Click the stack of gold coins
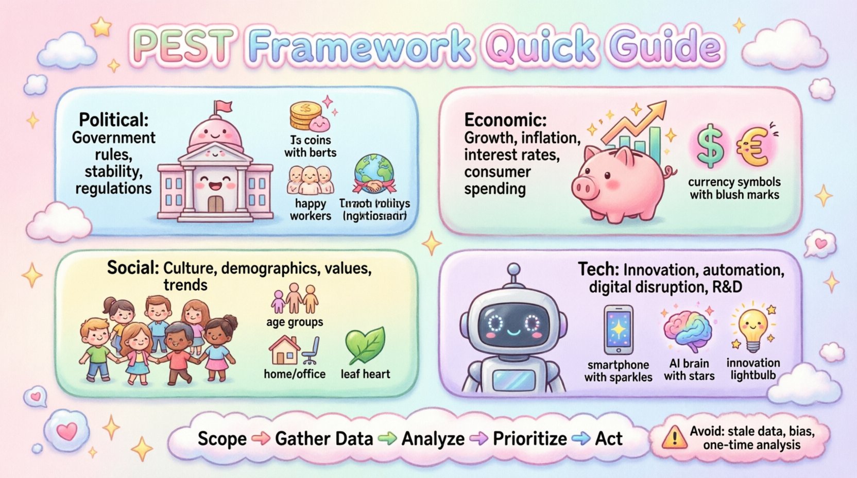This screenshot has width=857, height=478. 305,116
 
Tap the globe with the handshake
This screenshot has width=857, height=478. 374,176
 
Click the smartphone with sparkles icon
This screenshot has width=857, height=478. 618,330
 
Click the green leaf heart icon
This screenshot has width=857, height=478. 365,346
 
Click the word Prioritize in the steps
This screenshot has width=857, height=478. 529,439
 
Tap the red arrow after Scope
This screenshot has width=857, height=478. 261,439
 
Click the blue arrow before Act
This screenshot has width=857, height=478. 581,439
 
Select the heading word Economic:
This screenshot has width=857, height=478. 505,120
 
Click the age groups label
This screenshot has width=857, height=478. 295,322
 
